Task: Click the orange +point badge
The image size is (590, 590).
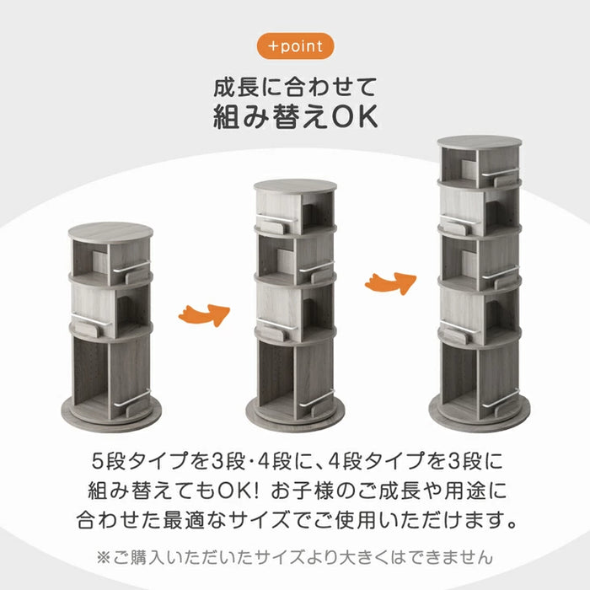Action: coord(294,46)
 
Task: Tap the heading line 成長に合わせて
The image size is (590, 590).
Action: coord(294,87)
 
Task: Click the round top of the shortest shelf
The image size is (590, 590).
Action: coord(111,232)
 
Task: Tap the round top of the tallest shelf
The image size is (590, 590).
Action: coord(479,142)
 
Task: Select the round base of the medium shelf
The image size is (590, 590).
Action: coord(295,413)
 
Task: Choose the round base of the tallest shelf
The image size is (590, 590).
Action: coord(479,413)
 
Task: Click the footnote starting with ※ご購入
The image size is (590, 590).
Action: coord(294,557)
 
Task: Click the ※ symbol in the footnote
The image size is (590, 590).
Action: coord(105,557)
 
